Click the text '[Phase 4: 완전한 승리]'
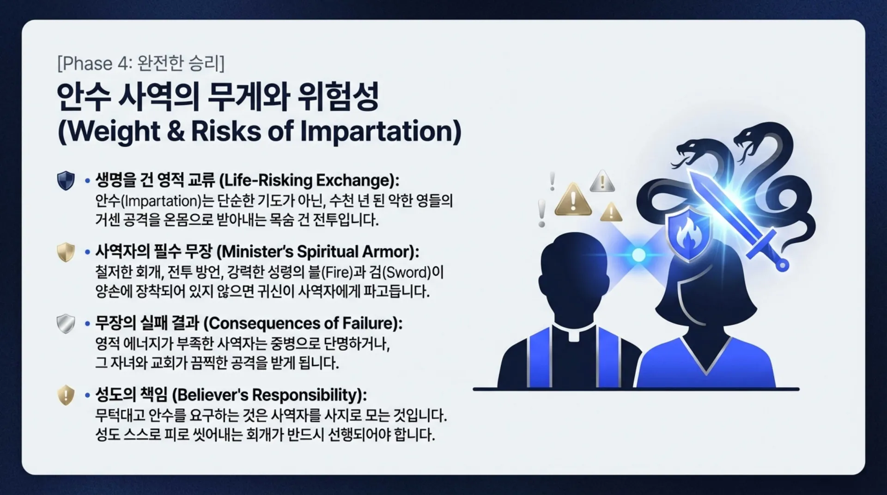tap(140, 63)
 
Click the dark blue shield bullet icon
tap(66, 180)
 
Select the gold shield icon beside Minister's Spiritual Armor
tap(66, 252)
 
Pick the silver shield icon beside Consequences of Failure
tap(66, 324)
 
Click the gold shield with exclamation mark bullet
tap(66, 395)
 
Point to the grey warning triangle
tap(602, 181)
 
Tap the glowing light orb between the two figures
tap(638, 255)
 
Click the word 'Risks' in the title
tap(226, 131)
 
